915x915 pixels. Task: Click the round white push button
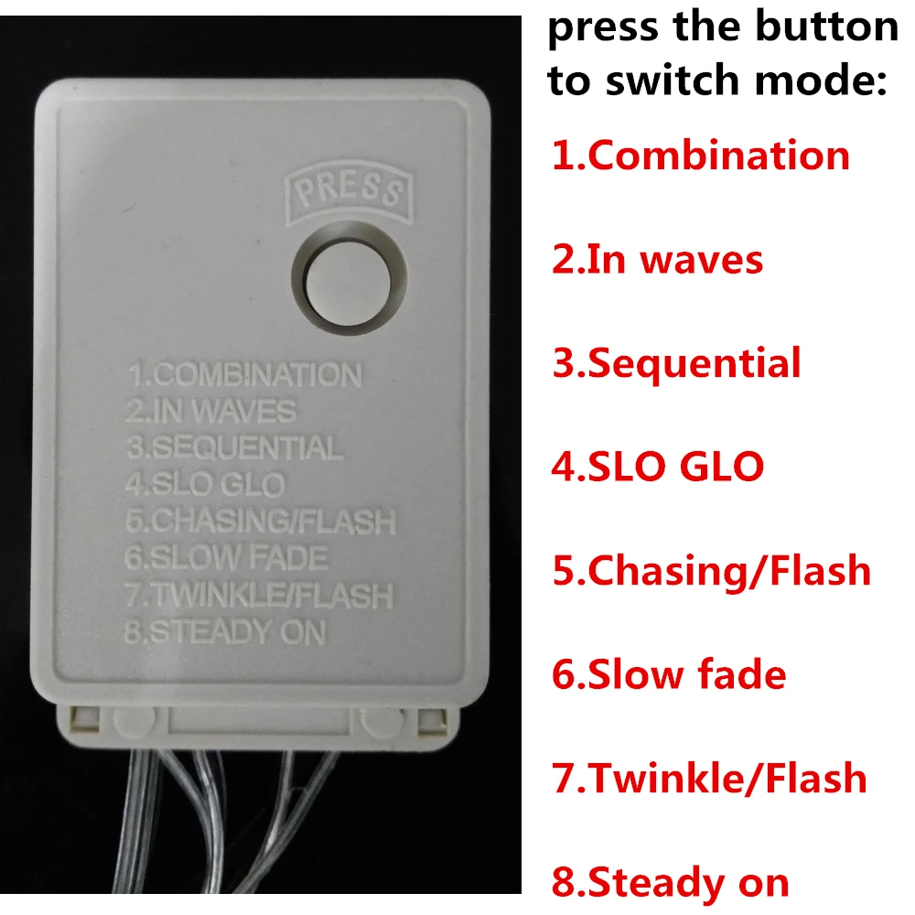point(349,282)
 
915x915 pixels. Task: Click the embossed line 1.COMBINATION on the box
point(245,374)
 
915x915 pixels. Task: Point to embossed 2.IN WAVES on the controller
point(210,411)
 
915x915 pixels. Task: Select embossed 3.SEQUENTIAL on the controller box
point(234,447)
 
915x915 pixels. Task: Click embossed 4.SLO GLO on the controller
point(205,484)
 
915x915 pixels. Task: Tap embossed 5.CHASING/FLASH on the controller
point(261,522)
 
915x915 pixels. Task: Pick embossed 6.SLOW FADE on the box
point(226,558)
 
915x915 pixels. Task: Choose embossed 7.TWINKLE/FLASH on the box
point(259,595)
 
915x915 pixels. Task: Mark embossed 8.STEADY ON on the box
point(225,632)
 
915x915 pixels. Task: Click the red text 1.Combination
point(701,156)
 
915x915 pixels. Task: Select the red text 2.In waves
point(658,259)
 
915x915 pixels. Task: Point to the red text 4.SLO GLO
point(658,467)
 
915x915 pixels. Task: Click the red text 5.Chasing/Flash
point(711,572)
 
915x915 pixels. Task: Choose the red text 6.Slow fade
point(669,674)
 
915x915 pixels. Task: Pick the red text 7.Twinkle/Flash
point(710,778)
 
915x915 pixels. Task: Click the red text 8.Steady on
point(671,882)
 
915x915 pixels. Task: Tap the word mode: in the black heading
point(821,80)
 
